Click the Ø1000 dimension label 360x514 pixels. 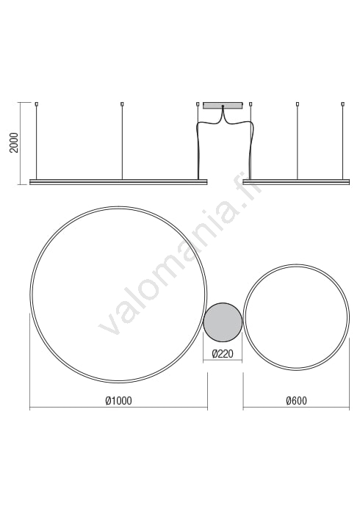[118, 401]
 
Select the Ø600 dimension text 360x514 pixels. [296, 401]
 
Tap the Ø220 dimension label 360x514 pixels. [223, 354]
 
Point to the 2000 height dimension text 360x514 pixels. [14, 142]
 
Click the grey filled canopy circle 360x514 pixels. [223, 322]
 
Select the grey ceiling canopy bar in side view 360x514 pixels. [223, 106]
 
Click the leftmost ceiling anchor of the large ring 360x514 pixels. [36, 104]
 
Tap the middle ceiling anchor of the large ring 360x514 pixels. [122, 104]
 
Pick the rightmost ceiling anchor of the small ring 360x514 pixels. [343, 104]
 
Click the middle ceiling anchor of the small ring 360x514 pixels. [298, 104]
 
